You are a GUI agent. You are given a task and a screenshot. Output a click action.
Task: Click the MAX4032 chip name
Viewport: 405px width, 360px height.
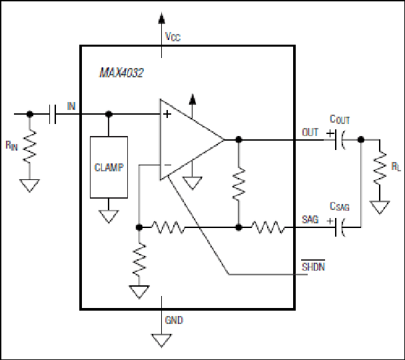[121, 73]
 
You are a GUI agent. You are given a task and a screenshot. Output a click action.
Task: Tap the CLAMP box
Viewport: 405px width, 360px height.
[109, 167]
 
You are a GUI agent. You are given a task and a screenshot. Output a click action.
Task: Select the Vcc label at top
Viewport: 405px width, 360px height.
[173, 37]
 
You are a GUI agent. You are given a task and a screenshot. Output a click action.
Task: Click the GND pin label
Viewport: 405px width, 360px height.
[174, 320]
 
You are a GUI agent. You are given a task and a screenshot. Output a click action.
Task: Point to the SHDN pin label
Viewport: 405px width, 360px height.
[313, 267]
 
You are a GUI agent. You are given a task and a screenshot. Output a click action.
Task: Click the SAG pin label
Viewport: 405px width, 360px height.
[310, 219]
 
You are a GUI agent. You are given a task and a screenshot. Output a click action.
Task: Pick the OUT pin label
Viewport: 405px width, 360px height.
[310, 132]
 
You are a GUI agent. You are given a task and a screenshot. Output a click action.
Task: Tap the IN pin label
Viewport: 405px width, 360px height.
[71, 106]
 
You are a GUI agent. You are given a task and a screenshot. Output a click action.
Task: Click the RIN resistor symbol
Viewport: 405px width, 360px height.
[30, 147]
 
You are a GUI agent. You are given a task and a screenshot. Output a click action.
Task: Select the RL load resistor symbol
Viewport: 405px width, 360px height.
[380, 167]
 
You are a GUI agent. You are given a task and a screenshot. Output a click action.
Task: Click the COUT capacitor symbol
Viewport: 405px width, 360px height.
[339, 140]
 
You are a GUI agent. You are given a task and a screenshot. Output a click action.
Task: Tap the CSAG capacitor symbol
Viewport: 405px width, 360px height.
[339, 227]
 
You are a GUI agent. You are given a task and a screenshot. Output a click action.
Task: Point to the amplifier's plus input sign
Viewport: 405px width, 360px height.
[167, 114]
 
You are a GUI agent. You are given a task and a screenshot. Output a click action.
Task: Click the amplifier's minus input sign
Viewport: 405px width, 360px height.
[168, 165]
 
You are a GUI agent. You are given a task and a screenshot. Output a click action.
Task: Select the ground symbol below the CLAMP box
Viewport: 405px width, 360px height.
[109, 216]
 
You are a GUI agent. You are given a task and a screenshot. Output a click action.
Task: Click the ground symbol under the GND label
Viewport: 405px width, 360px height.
[161, 341]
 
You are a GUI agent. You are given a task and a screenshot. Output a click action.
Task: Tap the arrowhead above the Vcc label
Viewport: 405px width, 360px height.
[162, 18]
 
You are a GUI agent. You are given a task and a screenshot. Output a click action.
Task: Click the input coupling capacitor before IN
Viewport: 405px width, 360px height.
[53, 114]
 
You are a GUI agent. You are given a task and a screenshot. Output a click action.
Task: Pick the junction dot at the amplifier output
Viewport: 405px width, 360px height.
[238, 140]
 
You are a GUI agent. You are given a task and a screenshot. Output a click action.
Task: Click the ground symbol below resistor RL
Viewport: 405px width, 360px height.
[380, 207]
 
